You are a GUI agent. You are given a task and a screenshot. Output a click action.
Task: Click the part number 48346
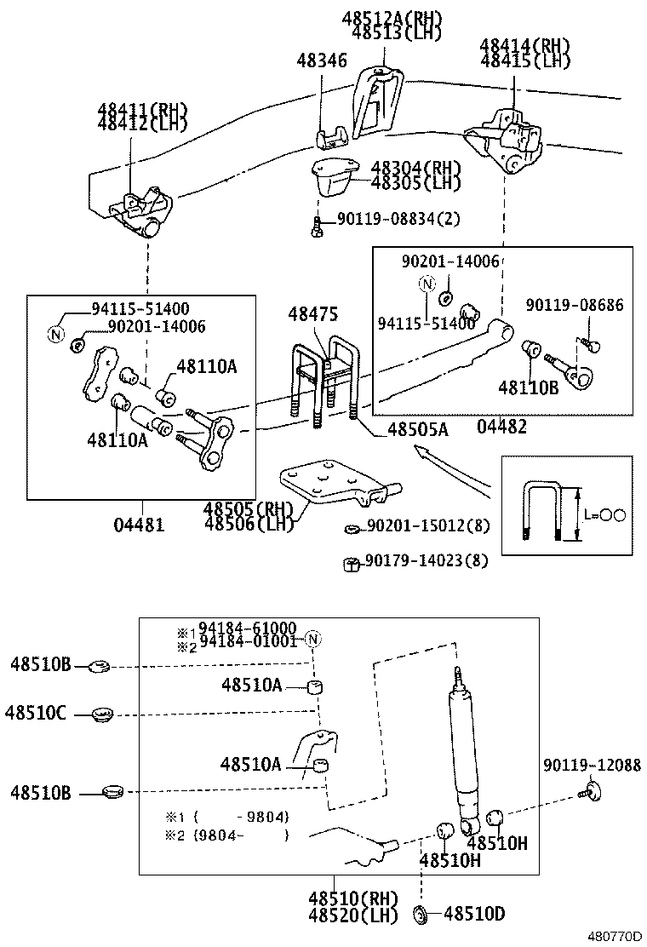tap(322, 60)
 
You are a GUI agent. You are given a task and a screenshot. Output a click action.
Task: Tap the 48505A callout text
tap(415, 430)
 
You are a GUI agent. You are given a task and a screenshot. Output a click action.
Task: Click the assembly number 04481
tap(140, 525)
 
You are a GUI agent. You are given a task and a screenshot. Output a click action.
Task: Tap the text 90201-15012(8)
tap(428, 526)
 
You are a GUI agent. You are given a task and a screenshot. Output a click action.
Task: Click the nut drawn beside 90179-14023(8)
tap(349, 562)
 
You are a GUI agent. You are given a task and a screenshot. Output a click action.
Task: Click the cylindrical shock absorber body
tap(464, 749)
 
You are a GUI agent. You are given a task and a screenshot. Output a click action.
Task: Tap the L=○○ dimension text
tap(606, 514)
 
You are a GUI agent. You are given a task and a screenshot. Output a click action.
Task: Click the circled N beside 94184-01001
tap(313, 640)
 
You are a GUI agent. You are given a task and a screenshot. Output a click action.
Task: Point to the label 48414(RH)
tap(524, 46)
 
